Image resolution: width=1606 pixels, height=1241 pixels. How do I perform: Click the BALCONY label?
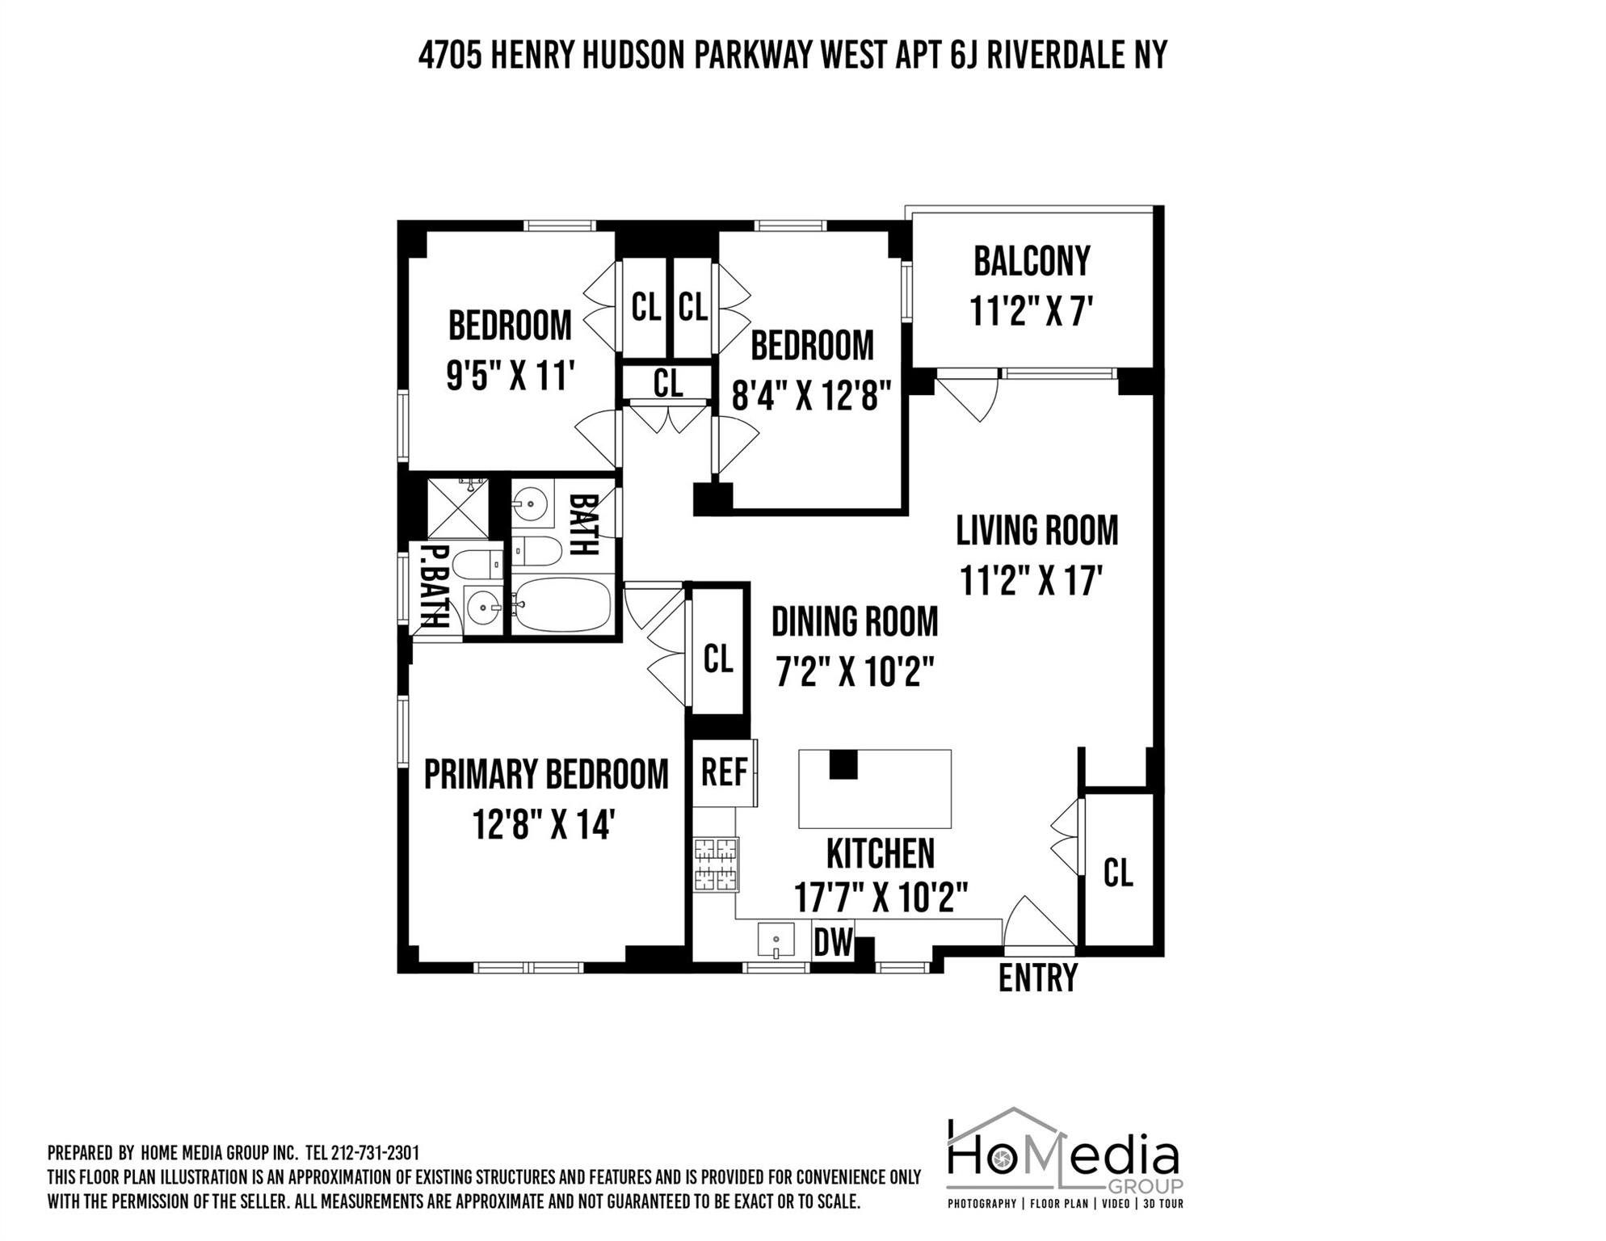[x=1031, y=261]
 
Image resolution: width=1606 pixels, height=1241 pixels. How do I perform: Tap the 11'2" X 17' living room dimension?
[x=1031, y=580]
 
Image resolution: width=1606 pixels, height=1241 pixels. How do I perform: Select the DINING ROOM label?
[x=855, y=622]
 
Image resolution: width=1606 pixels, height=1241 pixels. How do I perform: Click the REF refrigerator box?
[x=724, y=772]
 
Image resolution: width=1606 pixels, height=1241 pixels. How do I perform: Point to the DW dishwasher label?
[x=833, y=942]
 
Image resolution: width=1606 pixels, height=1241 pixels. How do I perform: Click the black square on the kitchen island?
[x=843, y=764]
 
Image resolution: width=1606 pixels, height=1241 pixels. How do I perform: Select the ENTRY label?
[x=1037, y=978]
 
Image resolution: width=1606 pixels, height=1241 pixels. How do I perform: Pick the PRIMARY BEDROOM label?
[x=546, y=774]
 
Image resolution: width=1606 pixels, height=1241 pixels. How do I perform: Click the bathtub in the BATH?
[x=562, y=605]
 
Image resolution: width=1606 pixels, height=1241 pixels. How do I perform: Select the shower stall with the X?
[x=457, y=508]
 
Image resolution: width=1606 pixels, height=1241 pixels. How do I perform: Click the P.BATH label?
[x=435, y=587]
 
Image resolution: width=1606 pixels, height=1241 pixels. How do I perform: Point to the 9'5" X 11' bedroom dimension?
[x=510, y=377]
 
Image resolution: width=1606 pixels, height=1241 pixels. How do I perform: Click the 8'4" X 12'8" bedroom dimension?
[x=811, y=396]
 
